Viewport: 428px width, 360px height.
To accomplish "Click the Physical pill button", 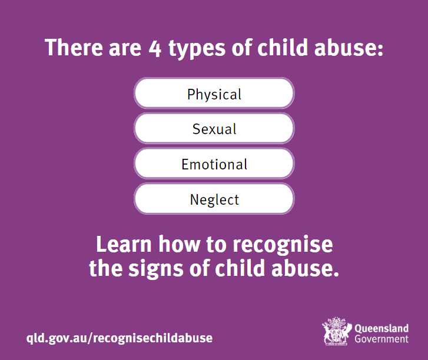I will point(214,94).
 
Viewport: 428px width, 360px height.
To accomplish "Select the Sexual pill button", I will point(214,128).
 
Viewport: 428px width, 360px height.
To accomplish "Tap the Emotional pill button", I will point(214,164).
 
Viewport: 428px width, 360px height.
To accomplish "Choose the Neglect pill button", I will point(214,199).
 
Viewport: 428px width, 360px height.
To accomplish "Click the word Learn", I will point(122,244).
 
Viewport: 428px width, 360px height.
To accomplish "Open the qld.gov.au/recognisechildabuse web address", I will point(120,338).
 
